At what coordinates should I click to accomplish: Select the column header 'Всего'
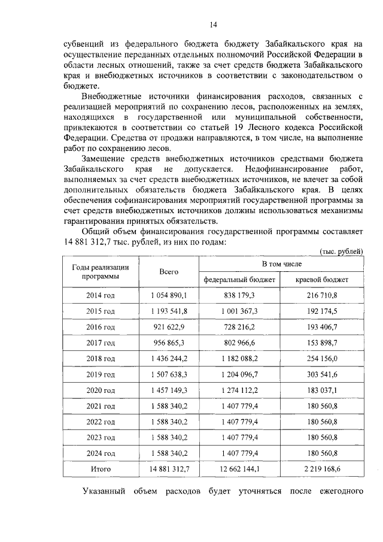pos(169,272)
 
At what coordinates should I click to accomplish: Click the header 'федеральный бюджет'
pos(239,280)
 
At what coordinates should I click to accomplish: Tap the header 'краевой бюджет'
pos(322,280)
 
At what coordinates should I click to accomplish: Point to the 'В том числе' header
pos(281,264)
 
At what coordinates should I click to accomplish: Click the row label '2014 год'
pos(101,296)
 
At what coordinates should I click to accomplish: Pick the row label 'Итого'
pos(101,469)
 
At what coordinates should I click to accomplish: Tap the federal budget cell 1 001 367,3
pos(239,312)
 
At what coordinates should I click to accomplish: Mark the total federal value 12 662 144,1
pos(239,469)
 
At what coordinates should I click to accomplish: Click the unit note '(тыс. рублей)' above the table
pos(342,252)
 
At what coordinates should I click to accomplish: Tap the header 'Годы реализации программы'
pos(101,272)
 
